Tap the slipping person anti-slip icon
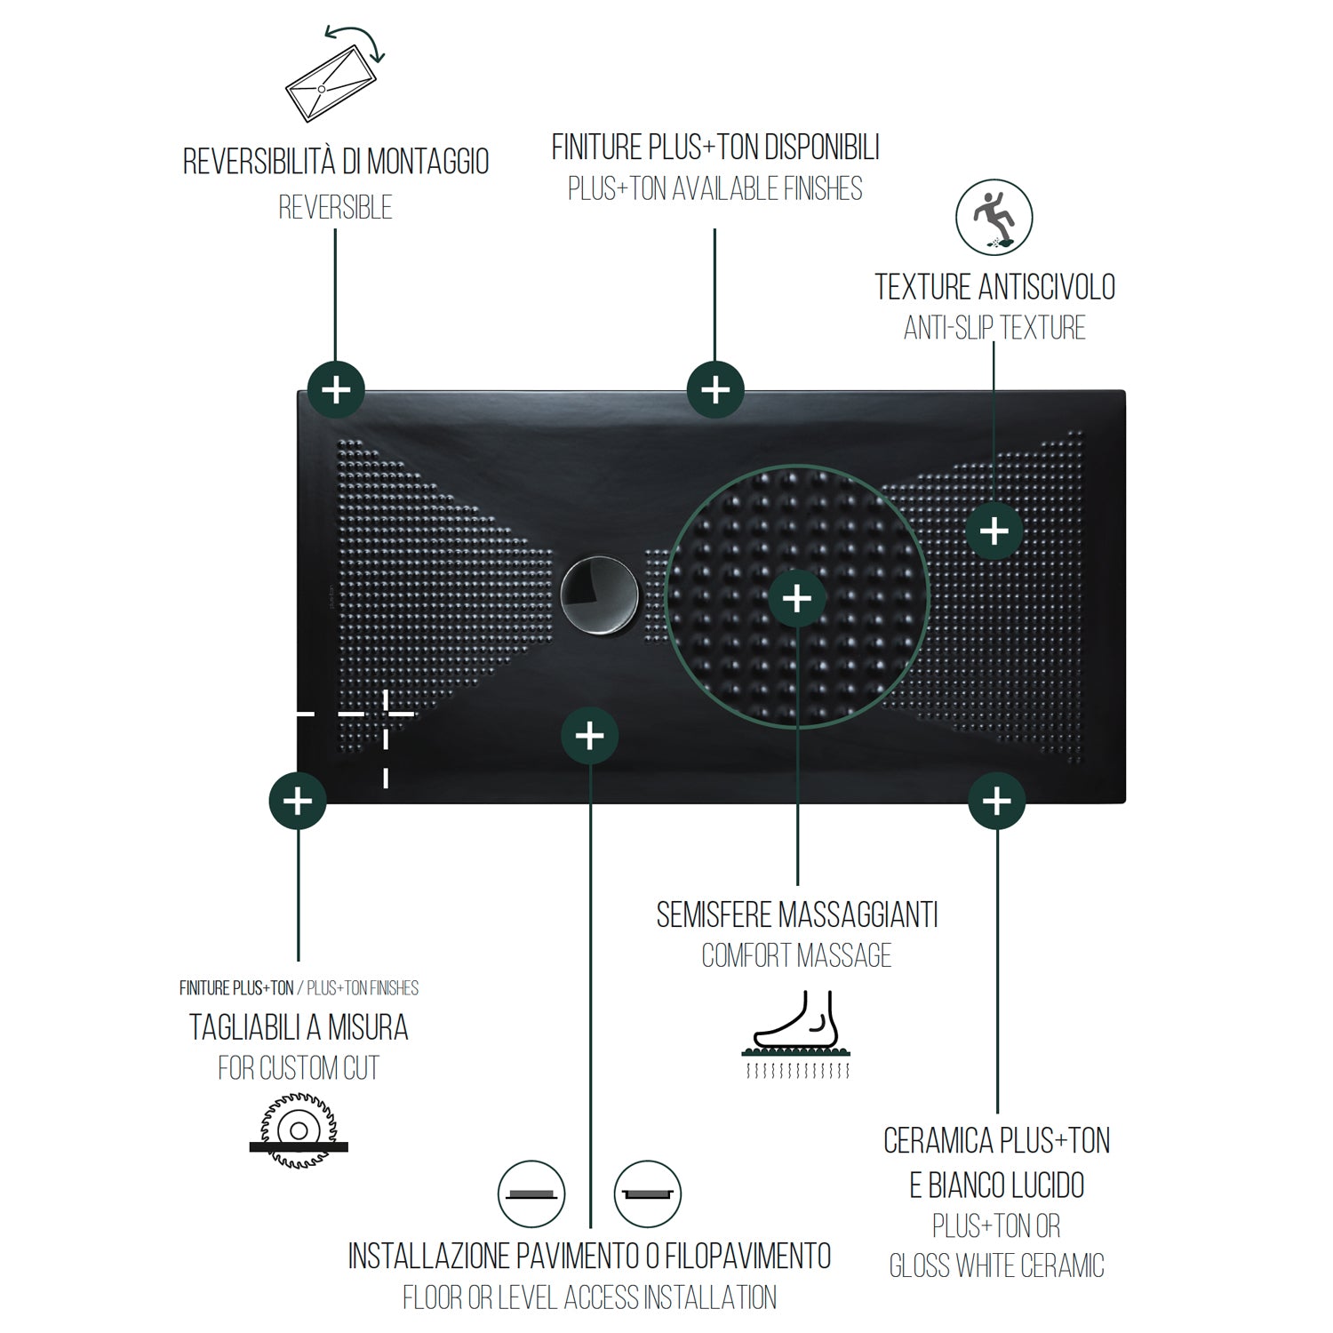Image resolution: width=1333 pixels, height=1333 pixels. pos(994,217)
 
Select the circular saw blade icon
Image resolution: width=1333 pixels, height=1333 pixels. pos(299,1130)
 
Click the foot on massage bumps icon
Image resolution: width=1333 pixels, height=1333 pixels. pos(797,1035)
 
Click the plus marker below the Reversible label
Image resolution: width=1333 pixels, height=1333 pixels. pos(336,390)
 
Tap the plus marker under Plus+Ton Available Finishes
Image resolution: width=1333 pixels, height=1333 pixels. pos(715,390)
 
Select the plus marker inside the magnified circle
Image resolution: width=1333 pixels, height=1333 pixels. pos(797,598)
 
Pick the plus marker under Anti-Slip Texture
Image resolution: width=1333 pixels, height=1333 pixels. pos(994,531)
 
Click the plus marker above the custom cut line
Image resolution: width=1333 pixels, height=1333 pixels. pos(298,801)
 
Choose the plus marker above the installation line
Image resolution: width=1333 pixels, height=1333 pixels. pos(590,736)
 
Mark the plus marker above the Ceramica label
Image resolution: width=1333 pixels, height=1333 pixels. pos(997,801)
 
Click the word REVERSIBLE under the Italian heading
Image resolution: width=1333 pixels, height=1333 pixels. pos(335,208)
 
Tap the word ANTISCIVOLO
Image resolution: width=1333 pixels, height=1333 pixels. pos(1046,287)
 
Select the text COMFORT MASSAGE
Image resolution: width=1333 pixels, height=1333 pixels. pos(797,955)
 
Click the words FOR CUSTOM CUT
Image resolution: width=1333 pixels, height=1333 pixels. pos(299,1067)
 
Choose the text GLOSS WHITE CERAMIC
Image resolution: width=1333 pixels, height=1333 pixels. pos(997,1265)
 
